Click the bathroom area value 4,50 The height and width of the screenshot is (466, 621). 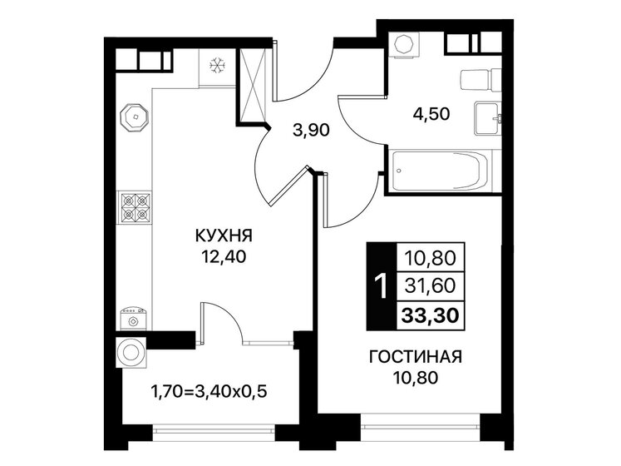tap(431, 114)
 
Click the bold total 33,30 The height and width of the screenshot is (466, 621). tap(432, 313)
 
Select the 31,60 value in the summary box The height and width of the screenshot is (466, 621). tap(432, 286)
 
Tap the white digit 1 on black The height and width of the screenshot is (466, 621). tap(381, 286)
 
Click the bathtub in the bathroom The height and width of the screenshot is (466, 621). tap(440, 172)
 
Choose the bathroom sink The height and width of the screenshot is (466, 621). tap(487, 116)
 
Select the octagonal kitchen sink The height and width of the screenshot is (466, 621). tap(133, 118)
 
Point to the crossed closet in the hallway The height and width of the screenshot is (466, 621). tap(254, 86)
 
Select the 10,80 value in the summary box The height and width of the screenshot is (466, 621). tap(432, 258)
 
